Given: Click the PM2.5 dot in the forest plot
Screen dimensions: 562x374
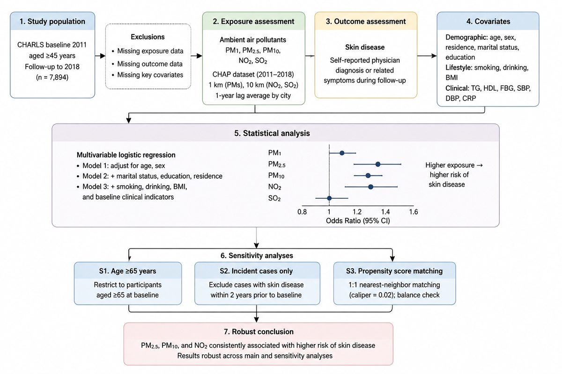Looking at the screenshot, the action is coord(378,165).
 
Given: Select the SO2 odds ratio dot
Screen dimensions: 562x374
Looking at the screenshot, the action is coord(329,198).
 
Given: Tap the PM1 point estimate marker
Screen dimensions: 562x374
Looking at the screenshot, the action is coord(342,153).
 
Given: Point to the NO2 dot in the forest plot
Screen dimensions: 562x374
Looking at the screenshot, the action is coord(370,187).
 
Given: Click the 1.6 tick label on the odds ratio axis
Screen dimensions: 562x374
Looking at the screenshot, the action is coord(414,212).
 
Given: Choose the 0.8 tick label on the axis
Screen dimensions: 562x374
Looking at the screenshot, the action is coord(302,212).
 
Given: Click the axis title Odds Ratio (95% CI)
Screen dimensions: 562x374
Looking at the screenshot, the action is coord(358,221).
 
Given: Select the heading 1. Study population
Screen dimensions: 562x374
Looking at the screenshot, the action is coord(52,22).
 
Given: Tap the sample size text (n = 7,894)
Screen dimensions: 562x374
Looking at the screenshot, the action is coord(52,77).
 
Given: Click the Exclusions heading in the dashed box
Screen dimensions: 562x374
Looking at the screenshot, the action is coord(148,37).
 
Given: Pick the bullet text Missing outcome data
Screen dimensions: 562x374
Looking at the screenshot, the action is coord(150,64).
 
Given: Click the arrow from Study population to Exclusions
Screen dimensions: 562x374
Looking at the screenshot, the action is coord(100,56).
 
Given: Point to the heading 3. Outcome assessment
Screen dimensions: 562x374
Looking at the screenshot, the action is coord(366,22).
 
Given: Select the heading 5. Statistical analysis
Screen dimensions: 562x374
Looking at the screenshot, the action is coord(272,133).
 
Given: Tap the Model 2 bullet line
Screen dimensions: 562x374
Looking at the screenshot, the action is coord(152,176).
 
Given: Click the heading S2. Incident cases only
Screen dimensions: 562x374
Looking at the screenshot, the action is coord(256,271).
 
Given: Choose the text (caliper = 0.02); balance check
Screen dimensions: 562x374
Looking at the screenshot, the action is coord(394,295).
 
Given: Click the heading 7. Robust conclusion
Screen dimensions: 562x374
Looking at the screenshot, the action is coord(259,331).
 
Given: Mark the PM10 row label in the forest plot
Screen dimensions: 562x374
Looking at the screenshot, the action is coord(276,176).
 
